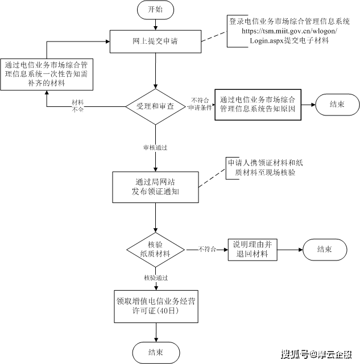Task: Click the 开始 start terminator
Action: coord(155,10)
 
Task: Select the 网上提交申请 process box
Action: coord(155,40)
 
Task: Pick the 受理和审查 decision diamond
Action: coord(155,106)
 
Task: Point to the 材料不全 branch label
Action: coord(78,105)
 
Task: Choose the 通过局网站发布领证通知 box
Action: coord(155,187)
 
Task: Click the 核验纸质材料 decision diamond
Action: coord(155,249)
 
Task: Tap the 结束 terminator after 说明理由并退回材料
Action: coord(324,249)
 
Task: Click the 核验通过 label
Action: coord(155,278)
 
